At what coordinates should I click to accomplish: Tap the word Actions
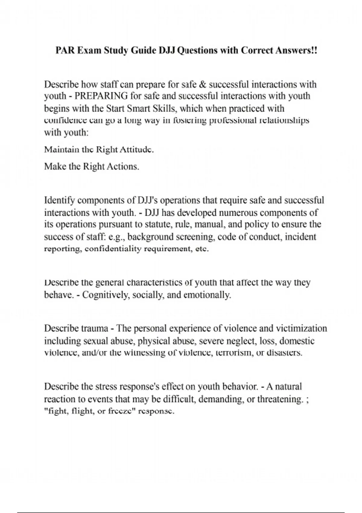click(x=124, y=167)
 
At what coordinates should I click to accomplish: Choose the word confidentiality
click(x=113, y=249)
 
